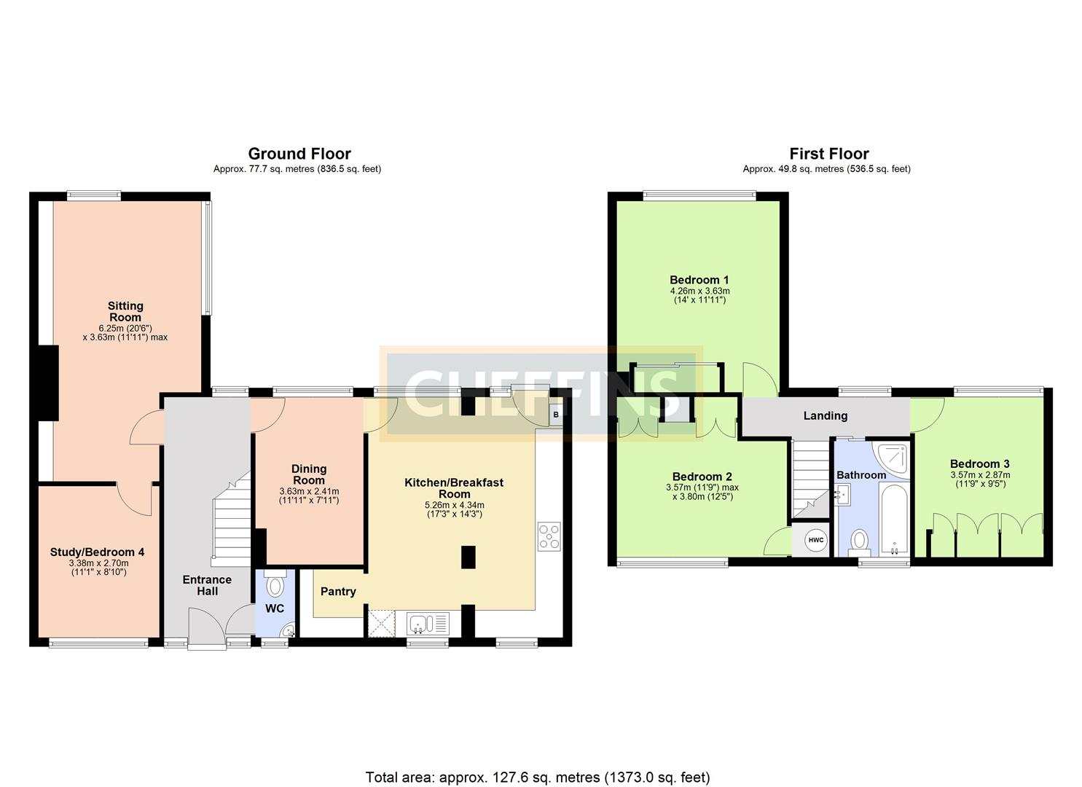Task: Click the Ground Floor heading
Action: coord(299,154)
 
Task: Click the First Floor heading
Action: coord(829,154)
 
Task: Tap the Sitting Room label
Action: coord(125,312)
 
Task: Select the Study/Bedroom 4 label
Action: coord(97,552)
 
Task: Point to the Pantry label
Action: coord(338,591)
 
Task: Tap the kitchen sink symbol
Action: coord(428,623)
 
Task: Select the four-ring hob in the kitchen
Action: coord(549,536)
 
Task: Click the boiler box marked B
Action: coord(556,415)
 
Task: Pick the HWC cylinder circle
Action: coord(816,540)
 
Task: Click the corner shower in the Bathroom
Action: coord(890,459)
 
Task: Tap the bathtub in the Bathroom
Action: coord(895,520)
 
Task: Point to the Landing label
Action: coord(825,415)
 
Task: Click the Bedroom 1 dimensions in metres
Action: coord(699,291)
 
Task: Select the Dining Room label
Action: coord(309,474)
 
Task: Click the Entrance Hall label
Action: coord(207,585)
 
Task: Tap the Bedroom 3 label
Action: coord(979,463)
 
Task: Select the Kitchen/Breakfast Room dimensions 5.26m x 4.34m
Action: coord(454,505)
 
